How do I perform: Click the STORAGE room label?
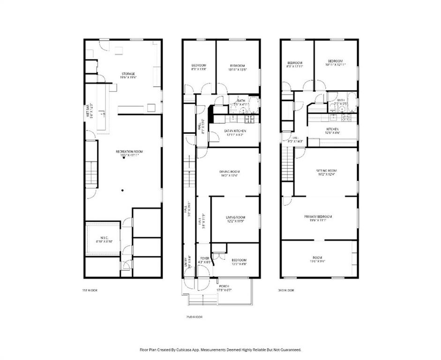128,74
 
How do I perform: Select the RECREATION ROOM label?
129,151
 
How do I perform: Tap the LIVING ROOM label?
236,217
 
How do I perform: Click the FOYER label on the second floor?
205,258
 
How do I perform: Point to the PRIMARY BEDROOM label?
318,217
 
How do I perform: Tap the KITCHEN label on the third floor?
332,129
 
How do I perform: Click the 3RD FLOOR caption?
286,290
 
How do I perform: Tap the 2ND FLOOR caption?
194,317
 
